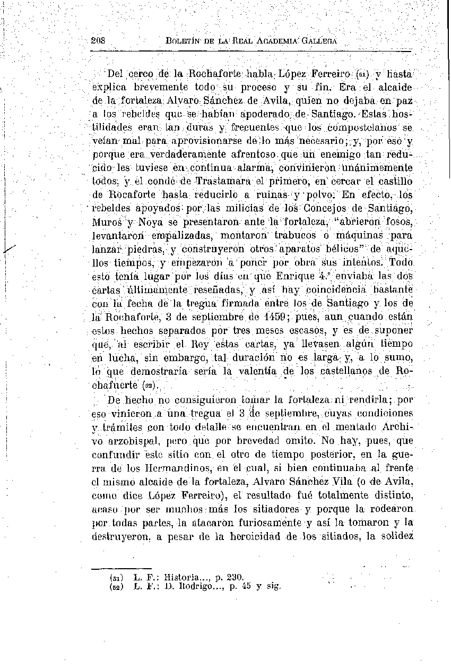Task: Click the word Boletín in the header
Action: [183, 40]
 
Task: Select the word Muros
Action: [108, 221]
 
